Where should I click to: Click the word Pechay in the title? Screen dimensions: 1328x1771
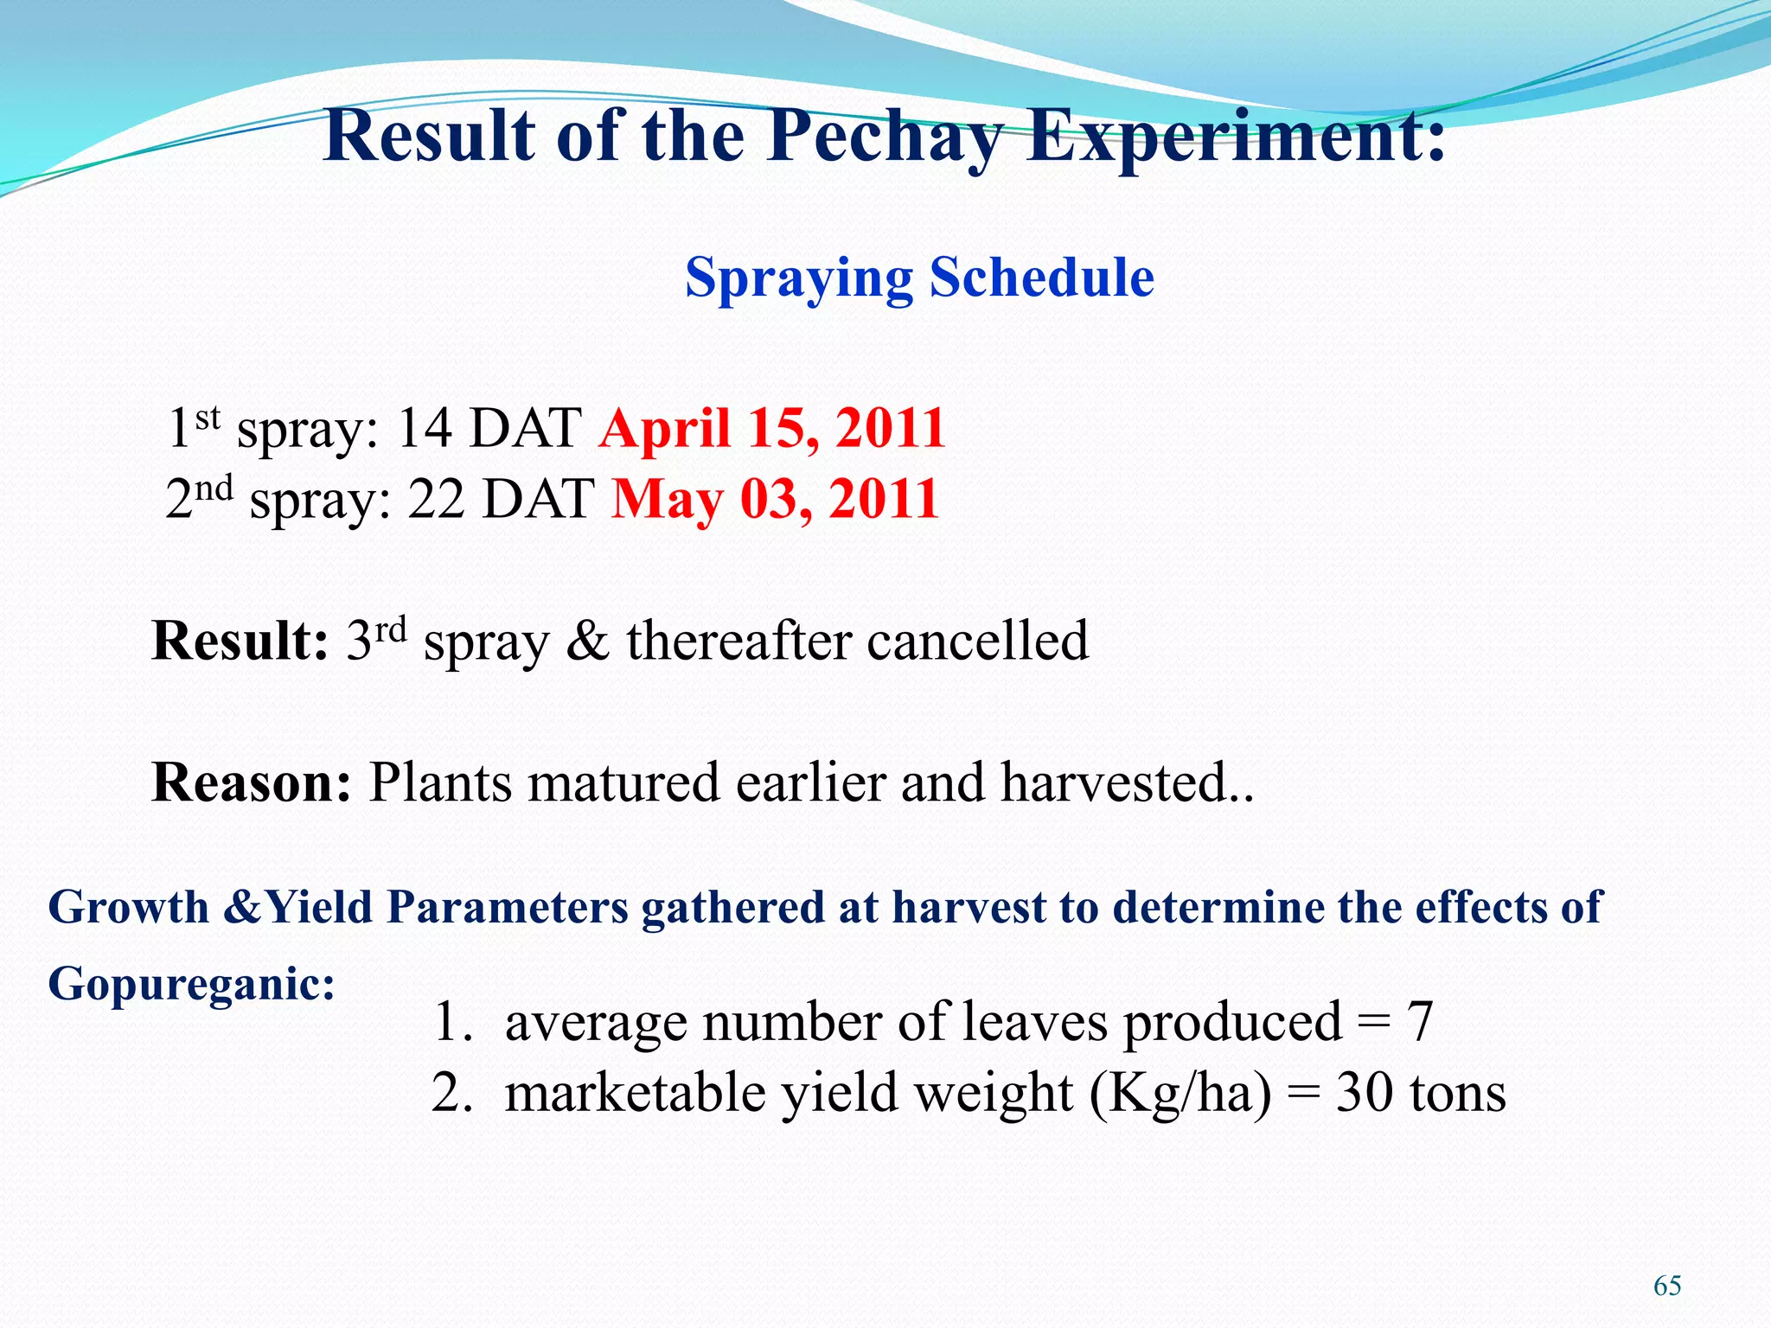pyautogui.click(x=885, y=137)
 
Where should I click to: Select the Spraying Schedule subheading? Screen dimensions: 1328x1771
pyautogui.click(x=919, y=278)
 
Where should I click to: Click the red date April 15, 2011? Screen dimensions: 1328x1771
pyautogui.click(x=772, y=428)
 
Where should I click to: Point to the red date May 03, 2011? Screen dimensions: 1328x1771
pyautogui.click(x=776, y=499)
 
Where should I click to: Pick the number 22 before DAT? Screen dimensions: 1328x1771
pyautogui.click(x=437, y=499)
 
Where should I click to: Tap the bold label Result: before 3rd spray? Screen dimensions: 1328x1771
pyautogui.click(x=240, y=641)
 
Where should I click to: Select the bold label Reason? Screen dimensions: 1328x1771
pyautogui.click(x=251, y=782)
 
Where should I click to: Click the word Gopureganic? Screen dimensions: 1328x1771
pyautogui.click(x=191, y=984)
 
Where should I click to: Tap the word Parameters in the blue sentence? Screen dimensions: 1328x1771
pyautogui.click(x=508, y=908)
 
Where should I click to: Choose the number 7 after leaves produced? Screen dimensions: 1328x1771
pyautogui.click(x=1419, y=1022)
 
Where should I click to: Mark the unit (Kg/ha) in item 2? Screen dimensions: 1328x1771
pyautogui.click(x=1180, y=1095)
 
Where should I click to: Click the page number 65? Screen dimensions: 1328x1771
pyautogui.click(x=1667, y=1286)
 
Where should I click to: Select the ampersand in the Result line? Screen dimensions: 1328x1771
pyautogui.click(x=588, y=641)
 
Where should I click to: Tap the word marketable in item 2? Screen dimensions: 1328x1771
pyautogui.click(x=636, y=1093)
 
